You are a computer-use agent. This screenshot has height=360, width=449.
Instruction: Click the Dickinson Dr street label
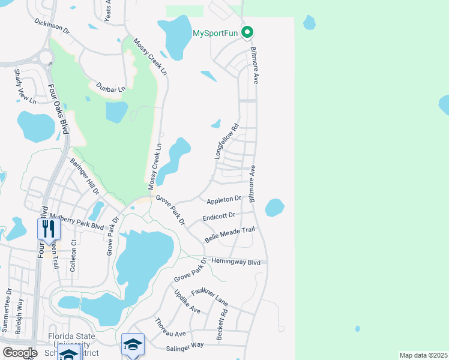52,26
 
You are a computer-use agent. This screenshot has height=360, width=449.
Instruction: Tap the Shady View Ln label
22,86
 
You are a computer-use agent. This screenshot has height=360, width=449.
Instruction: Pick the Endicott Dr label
219,217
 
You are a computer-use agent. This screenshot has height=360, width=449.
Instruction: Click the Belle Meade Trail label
230,234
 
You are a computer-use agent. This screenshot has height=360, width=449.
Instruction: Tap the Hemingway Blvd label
237,262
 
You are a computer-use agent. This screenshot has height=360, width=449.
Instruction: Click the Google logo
19,352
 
